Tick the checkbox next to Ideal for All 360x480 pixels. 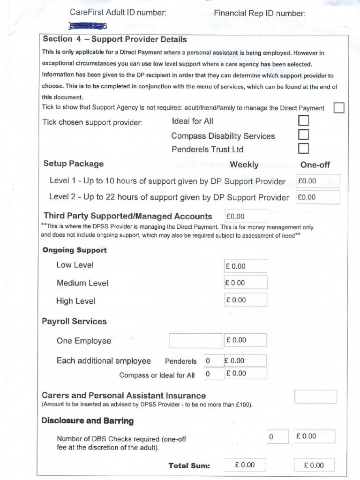(304, 121)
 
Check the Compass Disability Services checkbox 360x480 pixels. (304, 135)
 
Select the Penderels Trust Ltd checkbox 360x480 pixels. (304, 149)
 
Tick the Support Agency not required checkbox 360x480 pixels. (338, 108)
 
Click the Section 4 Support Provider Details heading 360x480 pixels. (115, 39)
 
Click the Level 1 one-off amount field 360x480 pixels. (318, 181)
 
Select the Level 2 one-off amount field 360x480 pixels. (318, 197)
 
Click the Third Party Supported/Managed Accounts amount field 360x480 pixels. (246, 216)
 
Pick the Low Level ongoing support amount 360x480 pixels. (246, 266)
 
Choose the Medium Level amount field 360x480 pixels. (246, 283)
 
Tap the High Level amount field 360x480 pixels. (246, 300)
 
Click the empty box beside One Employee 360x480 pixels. (195, 341)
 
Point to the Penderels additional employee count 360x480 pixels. (208, 361)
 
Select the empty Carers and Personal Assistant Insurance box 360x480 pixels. (315, 397)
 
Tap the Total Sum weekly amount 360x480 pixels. (245, 465)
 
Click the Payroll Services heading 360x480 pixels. (75, 322)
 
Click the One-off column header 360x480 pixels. (315, 165)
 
